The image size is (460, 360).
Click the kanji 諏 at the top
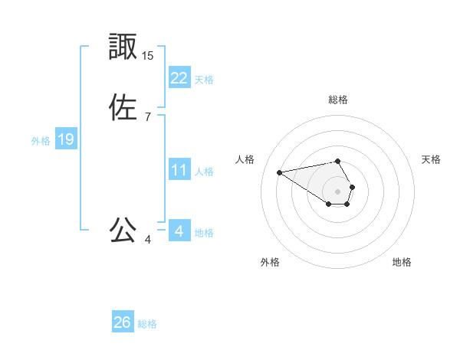pos(123,47)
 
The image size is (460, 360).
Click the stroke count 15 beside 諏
pos(148,56)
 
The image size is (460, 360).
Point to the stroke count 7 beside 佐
pos(148,117)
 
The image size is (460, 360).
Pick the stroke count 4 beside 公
pos(148,240)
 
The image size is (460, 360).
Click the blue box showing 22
pos(179,78)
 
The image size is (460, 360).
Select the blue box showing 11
pos(179,170)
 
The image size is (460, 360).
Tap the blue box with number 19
pos(66,139)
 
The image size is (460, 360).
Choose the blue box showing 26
pos(123,322)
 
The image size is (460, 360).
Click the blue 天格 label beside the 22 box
pos(204,80)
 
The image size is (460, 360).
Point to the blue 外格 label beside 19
pos(41,141)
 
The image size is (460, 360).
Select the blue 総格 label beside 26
pos(147,324)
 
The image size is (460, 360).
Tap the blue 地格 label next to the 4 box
pos(204,233)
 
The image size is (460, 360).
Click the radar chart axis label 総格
pos(338,100)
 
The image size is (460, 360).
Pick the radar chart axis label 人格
pos(245,159)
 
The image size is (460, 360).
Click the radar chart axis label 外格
pos(270,262)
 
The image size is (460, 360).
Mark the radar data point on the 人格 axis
pos(280,172)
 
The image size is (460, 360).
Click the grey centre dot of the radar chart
pos(338,191)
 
